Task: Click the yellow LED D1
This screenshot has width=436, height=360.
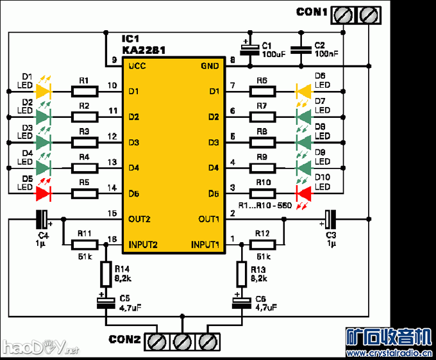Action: pos(44,91)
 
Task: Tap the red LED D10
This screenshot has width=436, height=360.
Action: pos(303,193)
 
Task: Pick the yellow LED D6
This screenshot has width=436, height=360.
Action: pos(303,91)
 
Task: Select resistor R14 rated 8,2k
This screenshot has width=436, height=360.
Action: pos(105,274)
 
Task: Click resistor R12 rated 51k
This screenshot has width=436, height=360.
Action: pos(264,243)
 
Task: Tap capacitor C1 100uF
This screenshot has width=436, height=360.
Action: pos(247,51)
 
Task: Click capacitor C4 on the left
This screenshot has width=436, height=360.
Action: pos(42,219)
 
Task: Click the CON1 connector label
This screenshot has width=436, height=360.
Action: pos(312,12)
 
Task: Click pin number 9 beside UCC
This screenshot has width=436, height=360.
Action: pos(113,60)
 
